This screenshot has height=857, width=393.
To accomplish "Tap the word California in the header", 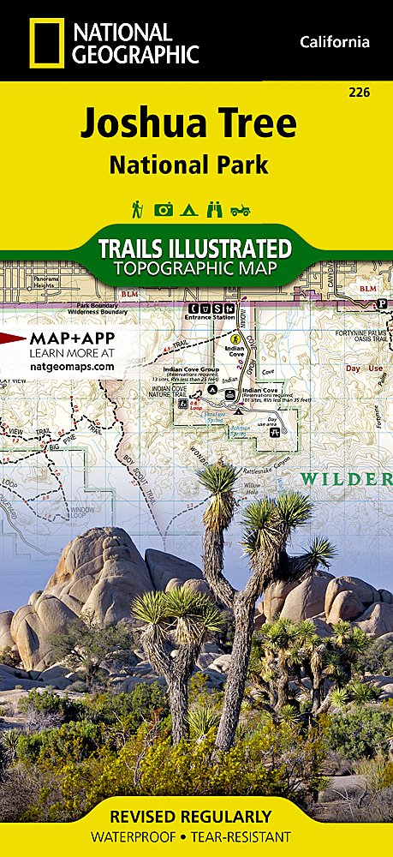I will click(335, 42).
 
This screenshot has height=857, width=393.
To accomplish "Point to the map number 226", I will click(360, 93).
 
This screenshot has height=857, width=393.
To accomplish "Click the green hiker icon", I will click(136, 208).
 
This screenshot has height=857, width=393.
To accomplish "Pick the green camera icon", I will click(164, 209).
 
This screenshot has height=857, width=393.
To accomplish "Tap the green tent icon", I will click(191, 209).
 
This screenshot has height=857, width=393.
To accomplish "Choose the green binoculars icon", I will click(217, 209).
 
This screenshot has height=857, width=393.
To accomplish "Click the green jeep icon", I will click(242, 209).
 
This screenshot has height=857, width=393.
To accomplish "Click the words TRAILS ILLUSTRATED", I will click(195, 249).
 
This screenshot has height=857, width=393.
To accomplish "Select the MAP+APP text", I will click(72, 337).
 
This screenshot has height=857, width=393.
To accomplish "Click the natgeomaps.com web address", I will click(72, 366).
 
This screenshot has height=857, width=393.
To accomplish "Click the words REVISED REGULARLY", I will click(196, 816).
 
